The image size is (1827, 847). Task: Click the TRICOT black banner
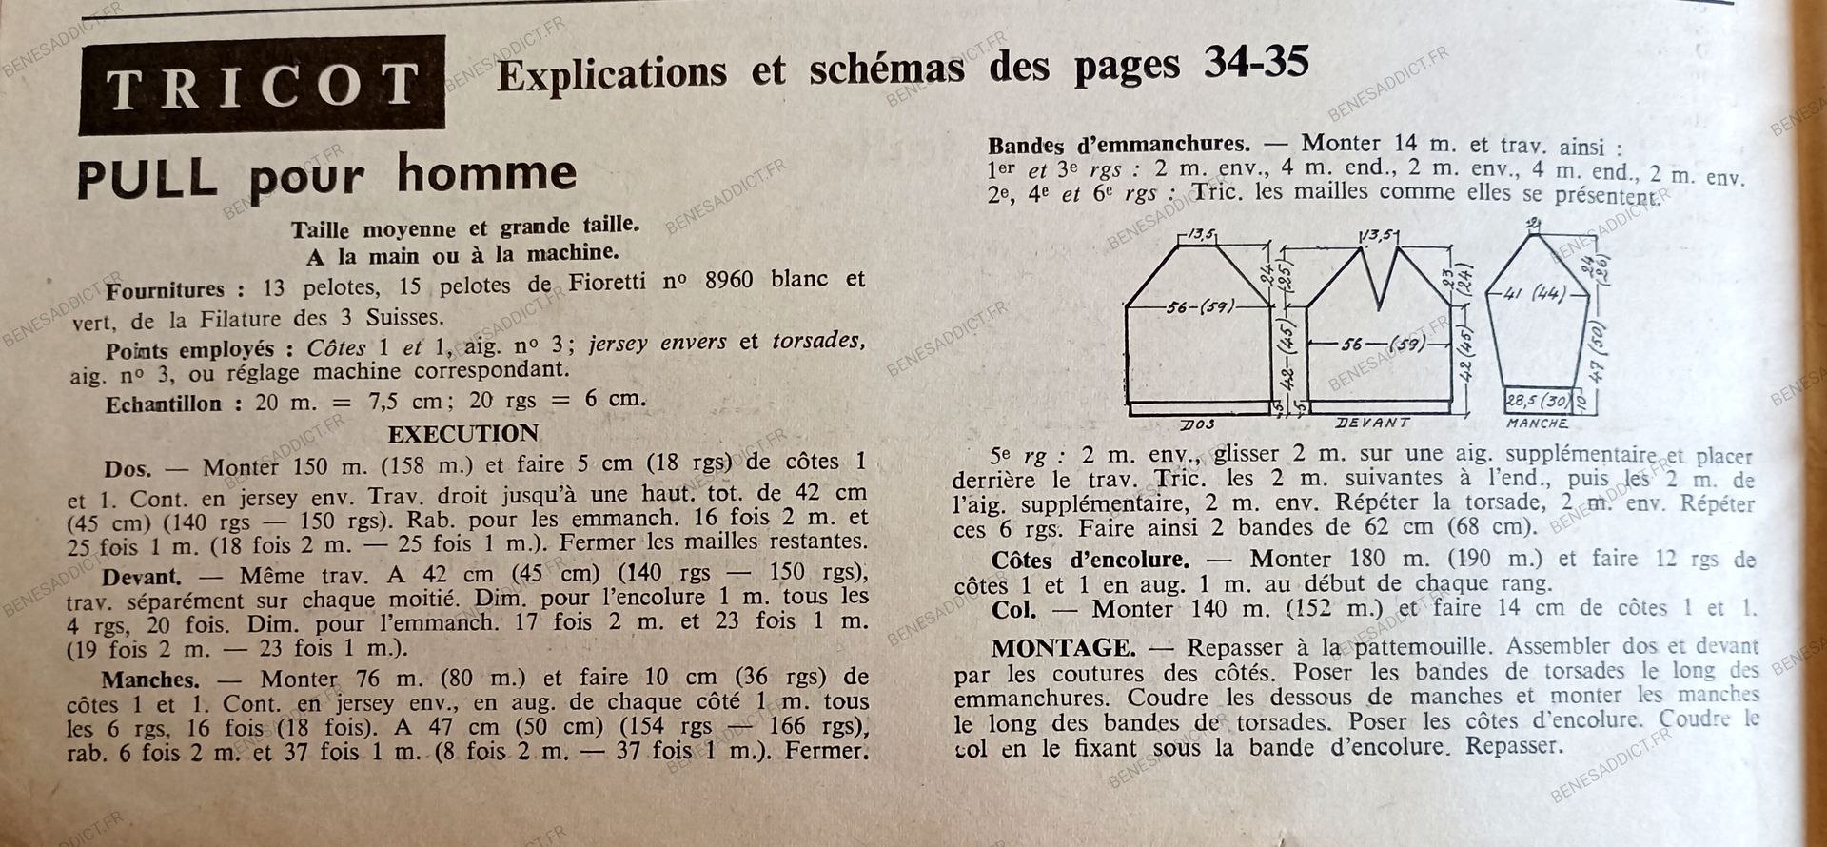coord(262,85)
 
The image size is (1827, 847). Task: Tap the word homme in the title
coord(486,173)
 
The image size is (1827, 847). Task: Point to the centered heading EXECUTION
coord(462,434)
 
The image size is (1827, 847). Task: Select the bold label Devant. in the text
coord(141,576)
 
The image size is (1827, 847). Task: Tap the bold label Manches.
coord(149,680)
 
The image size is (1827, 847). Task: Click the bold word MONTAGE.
coord(1062,648)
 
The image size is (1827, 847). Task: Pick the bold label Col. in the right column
coord(1013,609)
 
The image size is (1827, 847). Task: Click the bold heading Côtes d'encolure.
coord(1090,559)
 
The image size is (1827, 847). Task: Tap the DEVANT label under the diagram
coord(1372,422)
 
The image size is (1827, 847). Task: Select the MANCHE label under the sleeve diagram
coord(1537,423)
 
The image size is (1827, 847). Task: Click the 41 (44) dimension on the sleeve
coord(1534,294)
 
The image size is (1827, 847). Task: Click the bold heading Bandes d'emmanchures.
coord(1118,146)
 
